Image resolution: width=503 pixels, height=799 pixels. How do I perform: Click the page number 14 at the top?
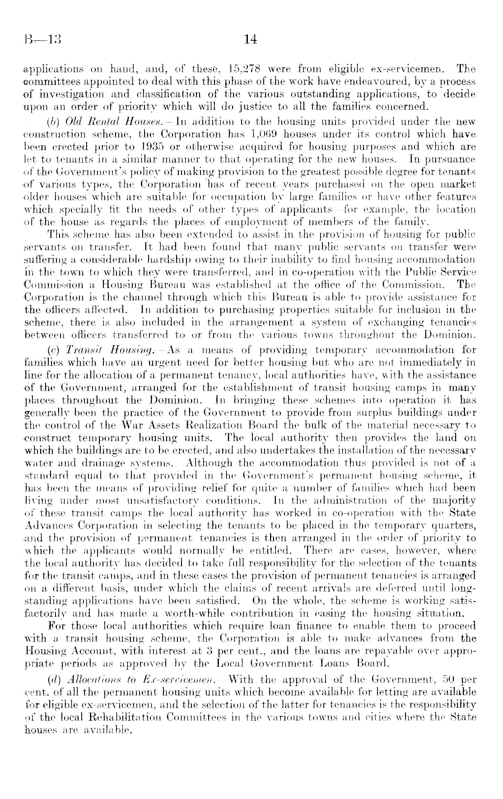tap(250, 40)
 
